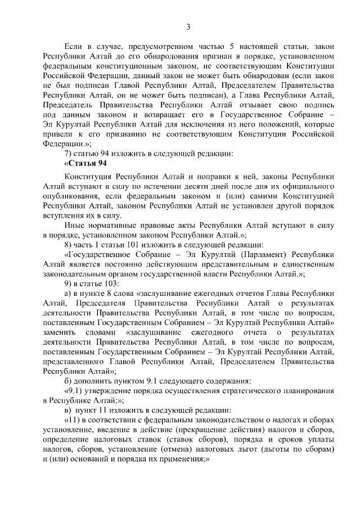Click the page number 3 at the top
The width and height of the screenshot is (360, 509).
coord(188,26)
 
